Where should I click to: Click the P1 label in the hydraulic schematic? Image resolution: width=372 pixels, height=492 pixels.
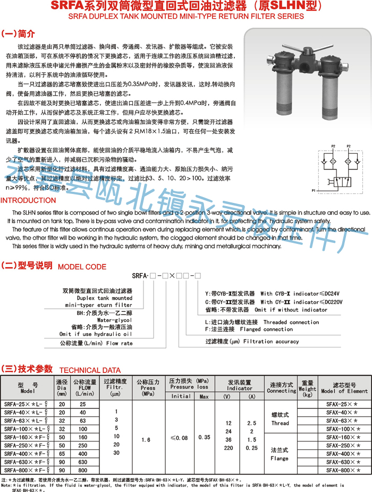tap(314, 190)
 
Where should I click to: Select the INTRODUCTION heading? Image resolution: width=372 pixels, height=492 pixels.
tap(28, 200)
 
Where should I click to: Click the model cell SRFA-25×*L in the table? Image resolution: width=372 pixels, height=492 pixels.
tap(27, 404)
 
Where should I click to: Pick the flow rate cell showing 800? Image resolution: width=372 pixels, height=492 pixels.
tap(82, 470)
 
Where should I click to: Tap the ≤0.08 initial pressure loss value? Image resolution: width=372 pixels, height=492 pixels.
tap(181, 437)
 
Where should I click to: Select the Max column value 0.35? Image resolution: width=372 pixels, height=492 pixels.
tap(204, 437)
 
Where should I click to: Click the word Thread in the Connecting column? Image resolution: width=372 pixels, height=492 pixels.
tap(280, 423)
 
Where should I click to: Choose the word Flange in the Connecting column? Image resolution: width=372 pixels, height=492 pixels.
tap(280, 457)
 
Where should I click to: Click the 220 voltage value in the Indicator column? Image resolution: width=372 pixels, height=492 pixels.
tap(229, 448)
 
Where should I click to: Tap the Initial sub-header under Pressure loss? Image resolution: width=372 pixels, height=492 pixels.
tap(181, 396)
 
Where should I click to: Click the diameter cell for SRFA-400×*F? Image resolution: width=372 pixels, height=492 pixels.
tap(62, 454)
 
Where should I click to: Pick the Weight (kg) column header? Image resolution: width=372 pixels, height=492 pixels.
tap(308, 388)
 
